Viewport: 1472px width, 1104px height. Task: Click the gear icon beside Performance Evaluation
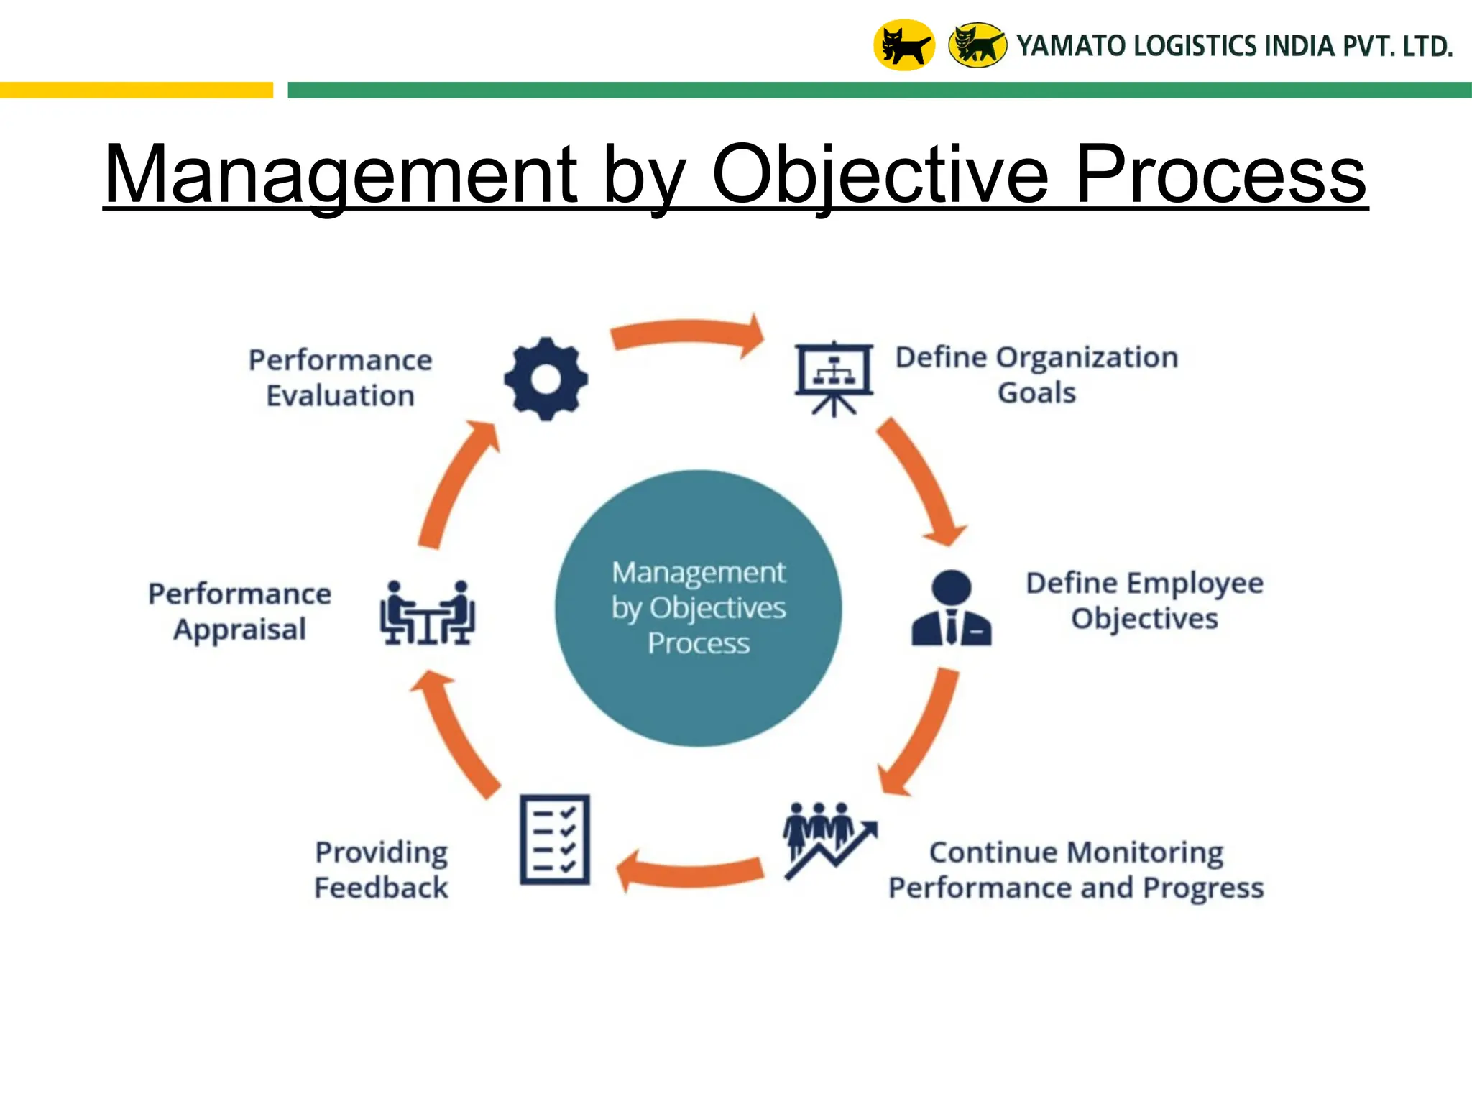coord(546,379)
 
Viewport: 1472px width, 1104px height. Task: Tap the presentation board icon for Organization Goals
coord(834,377)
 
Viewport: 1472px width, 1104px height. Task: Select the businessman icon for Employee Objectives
coord(951,609)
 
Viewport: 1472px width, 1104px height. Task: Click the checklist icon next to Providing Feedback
coord(555,839)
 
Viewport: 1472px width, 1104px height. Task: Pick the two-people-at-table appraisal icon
coord(427,612)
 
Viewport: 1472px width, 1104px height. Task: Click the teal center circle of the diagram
coord(698,608)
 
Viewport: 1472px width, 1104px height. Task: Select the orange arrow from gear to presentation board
coord(686,334)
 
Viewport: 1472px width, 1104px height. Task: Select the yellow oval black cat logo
coord(903,45)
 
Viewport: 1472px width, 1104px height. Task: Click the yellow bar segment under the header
coord(137,90)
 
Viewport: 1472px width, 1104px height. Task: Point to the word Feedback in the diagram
coord(381,888)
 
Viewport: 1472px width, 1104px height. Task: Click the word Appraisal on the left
coord(239,630)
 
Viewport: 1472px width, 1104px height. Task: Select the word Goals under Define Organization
coord(1036,393)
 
